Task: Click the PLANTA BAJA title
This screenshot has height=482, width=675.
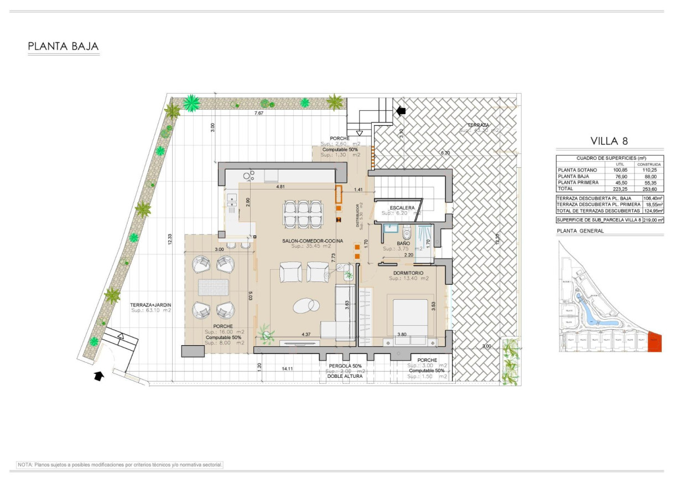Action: click(x=63, y=47)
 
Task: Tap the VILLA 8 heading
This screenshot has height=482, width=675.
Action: click(x=609, y=141)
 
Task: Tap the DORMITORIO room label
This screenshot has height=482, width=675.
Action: click(x=408, y=273)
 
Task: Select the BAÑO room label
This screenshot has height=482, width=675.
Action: click(x=403, y=243)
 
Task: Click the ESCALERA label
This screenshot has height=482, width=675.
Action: click(x=402, y=208)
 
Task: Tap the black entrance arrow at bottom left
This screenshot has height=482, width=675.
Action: click(x=98, y=376)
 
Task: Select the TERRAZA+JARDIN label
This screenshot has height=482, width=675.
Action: click(x=150, y=305)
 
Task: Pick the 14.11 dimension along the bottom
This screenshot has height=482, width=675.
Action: click(x=288, y=368)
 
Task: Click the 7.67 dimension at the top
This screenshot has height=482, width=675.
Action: click(x=258, y=113)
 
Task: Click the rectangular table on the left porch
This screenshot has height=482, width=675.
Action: click(x=213, y=288)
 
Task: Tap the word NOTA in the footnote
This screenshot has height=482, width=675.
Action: click(x=25, y=465)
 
